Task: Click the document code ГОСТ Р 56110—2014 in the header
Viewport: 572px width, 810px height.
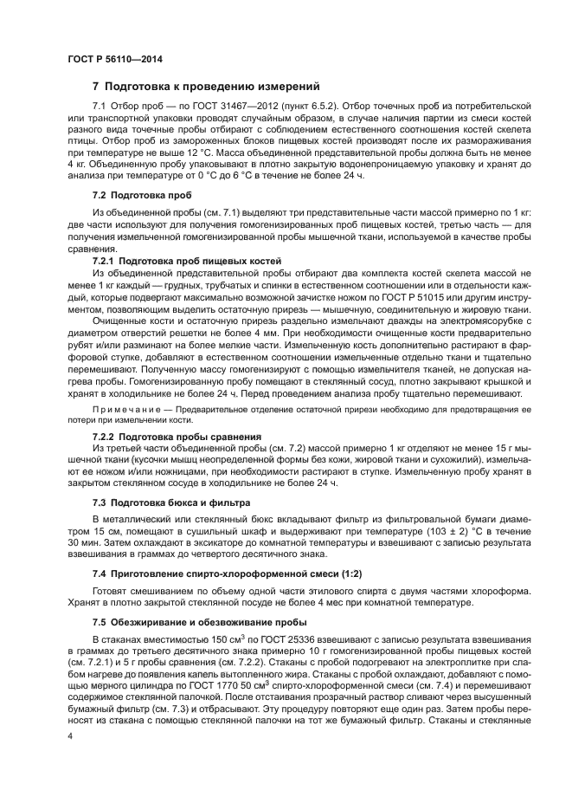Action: pos(114,59)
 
